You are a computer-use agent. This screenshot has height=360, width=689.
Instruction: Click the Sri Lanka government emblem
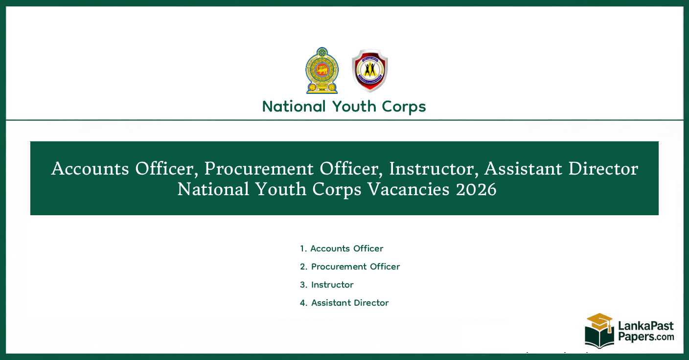[x=322, y=70]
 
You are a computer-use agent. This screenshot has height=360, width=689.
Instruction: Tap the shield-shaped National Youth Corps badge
[x=369, y=70]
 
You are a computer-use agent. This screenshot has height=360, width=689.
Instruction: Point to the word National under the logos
[x=294, y=106]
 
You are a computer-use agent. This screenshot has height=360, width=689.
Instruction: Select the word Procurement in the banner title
[x=259, y=169]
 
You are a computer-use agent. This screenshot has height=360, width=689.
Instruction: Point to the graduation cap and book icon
[x=599, y=331]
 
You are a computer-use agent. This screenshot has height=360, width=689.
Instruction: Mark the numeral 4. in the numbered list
[x=303, y=303]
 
